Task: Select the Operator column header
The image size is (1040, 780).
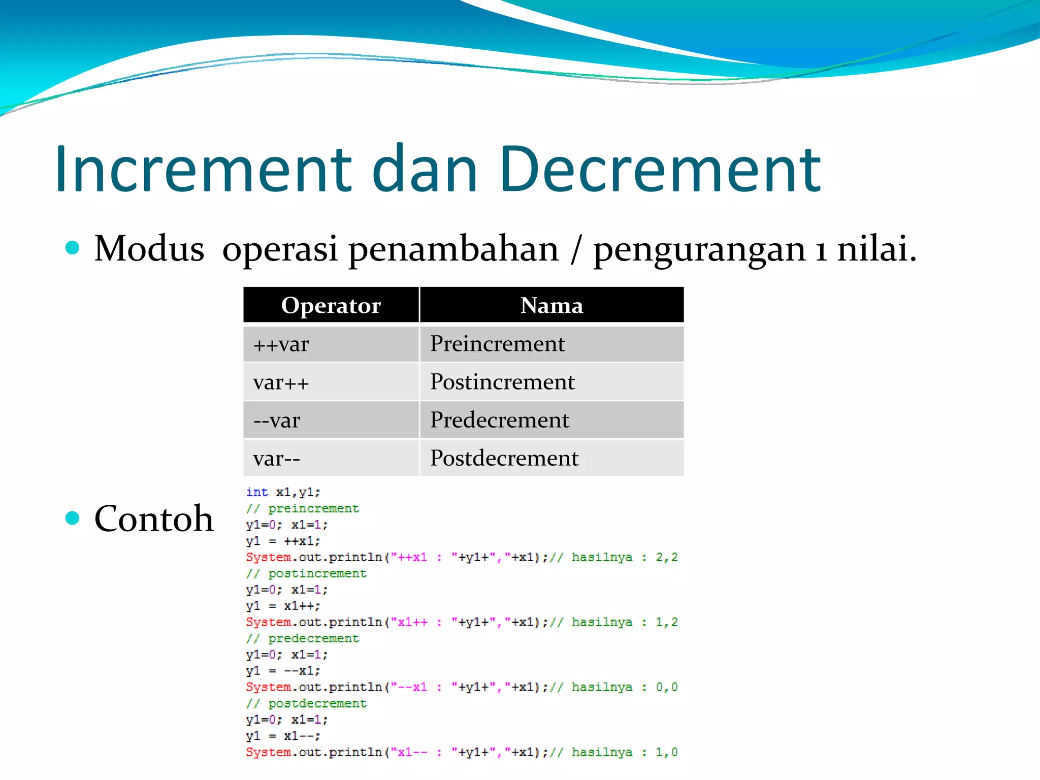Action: point(331,305)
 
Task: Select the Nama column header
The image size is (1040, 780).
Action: point(551,305)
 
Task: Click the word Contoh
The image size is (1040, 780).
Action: point(154,518)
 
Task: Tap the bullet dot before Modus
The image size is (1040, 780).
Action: point(73,248)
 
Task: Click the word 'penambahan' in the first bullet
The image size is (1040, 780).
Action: point(453,249)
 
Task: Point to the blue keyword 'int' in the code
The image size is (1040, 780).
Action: point(257,492)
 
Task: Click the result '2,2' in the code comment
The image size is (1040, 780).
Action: point(666,557)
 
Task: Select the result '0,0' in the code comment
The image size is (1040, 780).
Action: point(666,687)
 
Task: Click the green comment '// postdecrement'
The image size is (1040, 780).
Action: point(306,703)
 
